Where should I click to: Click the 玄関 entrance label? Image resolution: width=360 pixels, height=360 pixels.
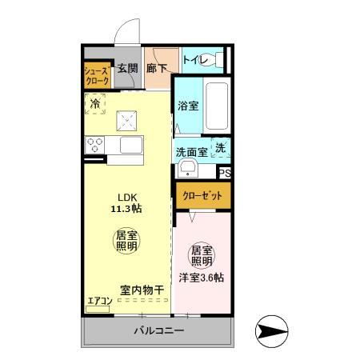(129, 69)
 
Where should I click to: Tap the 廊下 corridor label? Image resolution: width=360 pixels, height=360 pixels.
(157, 69)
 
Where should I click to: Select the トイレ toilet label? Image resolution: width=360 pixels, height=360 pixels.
(195, 59)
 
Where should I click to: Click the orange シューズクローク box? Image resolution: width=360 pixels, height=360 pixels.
(98, 77)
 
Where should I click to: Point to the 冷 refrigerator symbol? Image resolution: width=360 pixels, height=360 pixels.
(96, 103)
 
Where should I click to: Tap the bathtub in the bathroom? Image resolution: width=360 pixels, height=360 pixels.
(218, 107)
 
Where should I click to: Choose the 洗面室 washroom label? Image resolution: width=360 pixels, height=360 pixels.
(192, 151)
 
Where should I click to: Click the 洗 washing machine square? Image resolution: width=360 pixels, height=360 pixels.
(222, 148)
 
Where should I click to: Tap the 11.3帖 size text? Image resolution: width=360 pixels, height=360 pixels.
(128, 210)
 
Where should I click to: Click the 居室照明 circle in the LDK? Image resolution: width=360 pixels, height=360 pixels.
(126, 241)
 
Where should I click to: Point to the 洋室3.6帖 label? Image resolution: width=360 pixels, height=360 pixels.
(202, 278)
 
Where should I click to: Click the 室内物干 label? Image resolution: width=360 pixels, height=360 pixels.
(142, 290)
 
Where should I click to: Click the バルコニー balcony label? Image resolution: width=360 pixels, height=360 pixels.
(158, 330)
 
